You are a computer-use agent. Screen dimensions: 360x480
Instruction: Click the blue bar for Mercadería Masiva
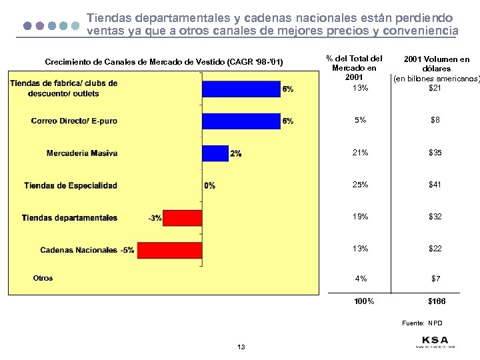215,153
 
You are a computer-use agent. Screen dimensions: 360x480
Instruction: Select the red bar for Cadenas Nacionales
169,250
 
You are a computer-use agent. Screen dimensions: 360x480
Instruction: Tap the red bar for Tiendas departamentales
182,218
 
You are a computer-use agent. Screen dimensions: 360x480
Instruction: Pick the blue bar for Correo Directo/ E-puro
241,121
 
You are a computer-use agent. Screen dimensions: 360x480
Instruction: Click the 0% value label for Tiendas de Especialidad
210,186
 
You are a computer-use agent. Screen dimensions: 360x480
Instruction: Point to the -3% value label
155,218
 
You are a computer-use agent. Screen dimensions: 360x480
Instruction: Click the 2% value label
235,153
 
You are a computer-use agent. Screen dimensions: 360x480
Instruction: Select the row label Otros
43,278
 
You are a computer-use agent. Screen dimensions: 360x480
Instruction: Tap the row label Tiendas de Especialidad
71,185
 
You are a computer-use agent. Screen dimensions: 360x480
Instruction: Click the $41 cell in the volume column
435,185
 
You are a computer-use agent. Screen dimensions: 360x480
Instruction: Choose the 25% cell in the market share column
360,185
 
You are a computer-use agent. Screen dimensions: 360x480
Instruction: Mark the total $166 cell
436,301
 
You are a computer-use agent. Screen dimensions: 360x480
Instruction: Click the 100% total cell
364,301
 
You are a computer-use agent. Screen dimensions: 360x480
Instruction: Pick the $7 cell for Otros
435,278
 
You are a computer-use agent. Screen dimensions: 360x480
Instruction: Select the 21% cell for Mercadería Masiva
360,153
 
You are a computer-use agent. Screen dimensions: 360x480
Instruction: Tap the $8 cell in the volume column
435,120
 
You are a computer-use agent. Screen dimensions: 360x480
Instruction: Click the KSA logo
434,341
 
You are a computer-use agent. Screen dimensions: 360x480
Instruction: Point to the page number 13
241,347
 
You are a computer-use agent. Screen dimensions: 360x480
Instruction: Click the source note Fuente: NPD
422,323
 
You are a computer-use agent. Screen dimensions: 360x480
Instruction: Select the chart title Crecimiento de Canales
163,63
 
